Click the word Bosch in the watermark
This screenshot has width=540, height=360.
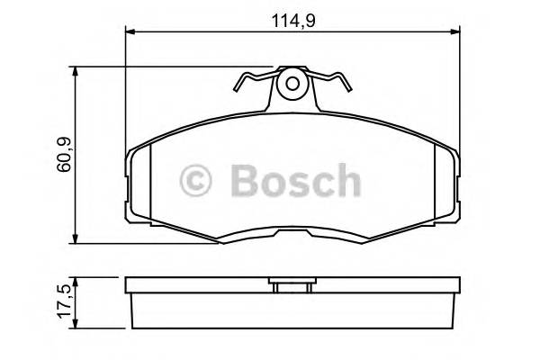pyautogui.click(x=295, y=183)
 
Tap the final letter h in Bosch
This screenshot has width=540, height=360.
pyautogui.click(x=346, y=183)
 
